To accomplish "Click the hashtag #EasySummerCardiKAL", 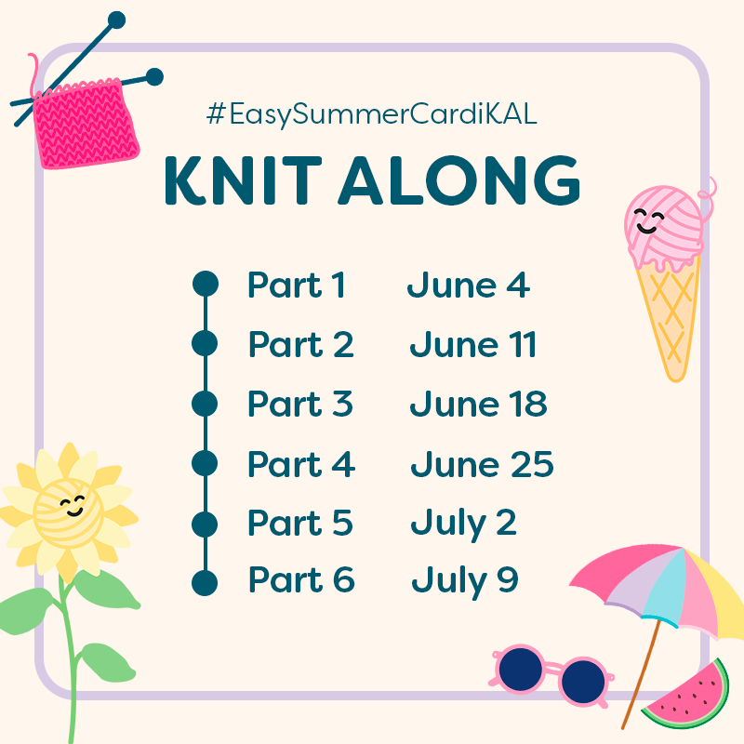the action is pos(371,114).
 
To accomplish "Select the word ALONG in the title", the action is pos(459,180).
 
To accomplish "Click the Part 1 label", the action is pos(297,285).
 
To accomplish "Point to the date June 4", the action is pos(469,285).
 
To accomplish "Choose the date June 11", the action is pos(473,344).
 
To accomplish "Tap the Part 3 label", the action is pos(300,404).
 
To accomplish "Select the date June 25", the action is pos(482,463).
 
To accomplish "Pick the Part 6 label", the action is pos(301,579).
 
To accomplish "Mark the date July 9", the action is pos(464,582).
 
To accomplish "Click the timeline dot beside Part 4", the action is pos(205,463).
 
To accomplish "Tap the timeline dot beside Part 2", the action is pos(205,343).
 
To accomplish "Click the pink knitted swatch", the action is pos(86,125).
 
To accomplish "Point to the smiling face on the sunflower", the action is pos(73,506).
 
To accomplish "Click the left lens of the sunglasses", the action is pos(521,669).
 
